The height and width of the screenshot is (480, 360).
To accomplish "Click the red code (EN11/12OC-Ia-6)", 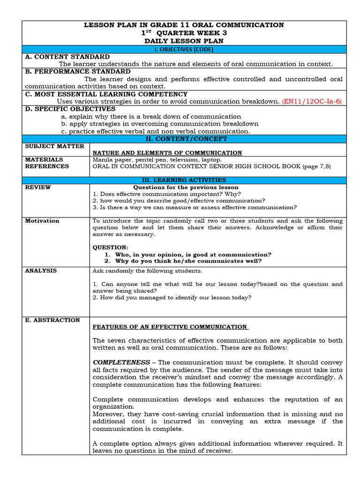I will (312, 101).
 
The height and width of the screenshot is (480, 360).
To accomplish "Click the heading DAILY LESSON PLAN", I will (184, 41).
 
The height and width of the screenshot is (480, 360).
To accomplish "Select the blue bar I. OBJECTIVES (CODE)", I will (184, 49).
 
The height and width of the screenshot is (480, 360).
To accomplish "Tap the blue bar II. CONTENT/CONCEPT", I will (184, 139).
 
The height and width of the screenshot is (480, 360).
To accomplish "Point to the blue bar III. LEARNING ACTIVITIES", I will (184, 180).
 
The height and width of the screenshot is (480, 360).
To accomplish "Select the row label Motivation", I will (42, 221).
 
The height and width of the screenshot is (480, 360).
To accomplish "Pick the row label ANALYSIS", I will (41, 270).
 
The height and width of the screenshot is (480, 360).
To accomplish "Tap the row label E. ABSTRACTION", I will (52, 320).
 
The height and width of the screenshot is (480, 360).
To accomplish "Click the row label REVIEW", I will (38, 187).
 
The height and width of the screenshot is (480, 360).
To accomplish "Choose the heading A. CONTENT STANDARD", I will (67, 57).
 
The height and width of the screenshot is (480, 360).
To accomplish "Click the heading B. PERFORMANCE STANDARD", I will (78, 71).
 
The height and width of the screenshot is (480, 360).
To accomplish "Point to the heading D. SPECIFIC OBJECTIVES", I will (70, 109).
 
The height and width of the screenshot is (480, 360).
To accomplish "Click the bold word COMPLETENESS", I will (121, 362).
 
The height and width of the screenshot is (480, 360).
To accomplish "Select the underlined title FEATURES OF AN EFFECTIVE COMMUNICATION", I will (170, 327).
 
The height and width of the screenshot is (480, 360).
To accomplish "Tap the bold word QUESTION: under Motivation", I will (110, 247).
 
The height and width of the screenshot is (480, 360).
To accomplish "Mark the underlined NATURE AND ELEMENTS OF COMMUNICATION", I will (167, 153).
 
